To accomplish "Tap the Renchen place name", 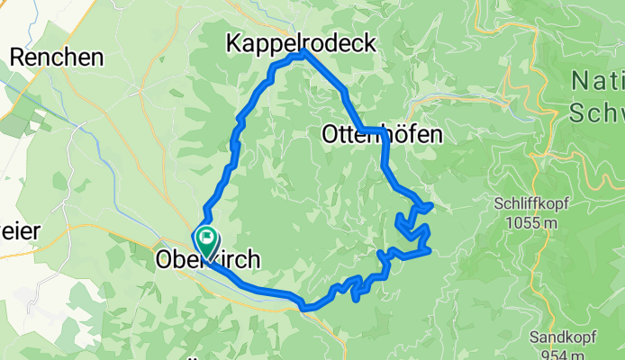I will tap(57, 57).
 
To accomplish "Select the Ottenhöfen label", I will tap(382, 135).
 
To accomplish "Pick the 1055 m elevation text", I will tap(526, 222).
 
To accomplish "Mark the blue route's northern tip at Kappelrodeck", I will tap(302, 52).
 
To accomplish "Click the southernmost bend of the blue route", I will tap(306, 308).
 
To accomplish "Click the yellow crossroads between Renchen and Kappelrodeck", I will tap(142, 87).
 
